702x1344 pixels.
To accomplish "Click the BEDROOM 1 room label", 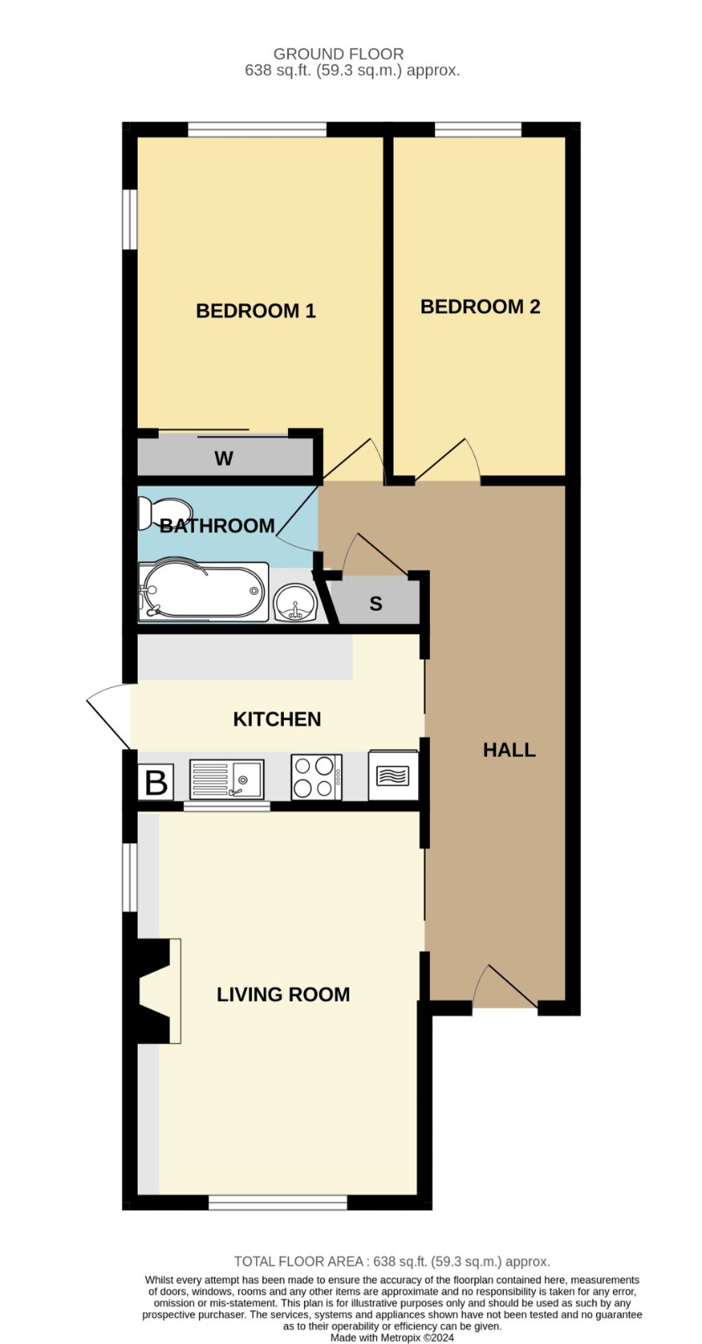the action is pyautogui.click(x=255, y=311).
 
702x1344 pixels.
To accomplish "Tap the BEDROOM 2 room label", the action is pyautogui.click(x=480, y=307).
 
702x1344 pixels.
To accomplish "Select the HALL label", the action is pyautogui.click(x=509, y=750).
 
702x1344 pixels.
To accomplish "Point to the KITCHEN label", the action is pyautogui.click(x=276, y=719).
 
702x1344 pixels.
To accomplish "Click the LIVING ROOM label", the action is pyautogui.click(x=283, y=995).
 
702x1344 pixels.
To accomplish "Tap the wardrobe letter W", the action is pyautogui.click(x=224, y=459).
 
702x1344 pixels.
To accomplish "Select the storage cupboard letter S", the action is pyautogui.click(x=375, y=604).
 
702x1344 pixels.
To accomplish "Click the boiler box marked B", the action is pyautogui.click(x=156, y=782).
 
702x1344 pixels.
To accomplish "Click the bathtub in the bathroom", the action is pyautogui.click(x=203, y=591).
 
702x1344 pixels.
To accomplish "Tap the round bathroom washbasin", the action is pyautogui.click(x=295, y=602).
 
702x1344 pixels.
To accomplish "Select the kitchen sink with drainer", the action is pyautogui.click(x=227, y=780).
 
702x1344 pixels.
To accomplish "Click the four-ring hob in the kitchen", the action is pyautogui.click(x=317, y=777).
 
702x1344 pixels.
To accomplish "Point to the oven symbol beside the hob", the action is pyautogui.click(x=393, y=775).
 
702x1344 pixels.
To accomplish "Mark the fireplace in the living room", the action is pyautogui.click(x=160, y=992).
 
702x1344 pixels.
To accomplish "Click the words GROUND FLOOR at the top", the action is pyautogui.click(x=338, y=54).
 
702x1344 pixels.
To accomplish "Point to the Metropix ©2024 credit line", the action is pyautogui.click(x=392, y=1337).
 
